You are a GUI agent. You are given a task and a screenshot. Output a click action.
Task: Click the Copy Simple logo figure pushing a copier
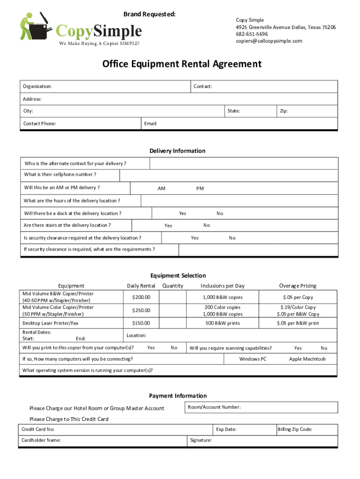35,29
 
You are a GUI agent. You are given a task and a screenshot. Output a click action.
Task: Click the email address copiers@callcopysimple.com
269,41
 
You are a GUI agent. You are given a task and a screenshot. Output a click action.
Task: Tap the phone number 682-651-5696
252,34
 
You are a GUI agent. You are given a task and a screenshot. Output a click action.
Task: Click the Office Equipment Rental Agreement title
182,64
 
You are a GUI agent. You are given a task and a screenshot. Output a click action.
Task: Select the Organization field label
37,87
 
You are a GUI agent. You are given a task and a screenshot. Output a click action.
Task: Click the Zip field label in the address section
283,111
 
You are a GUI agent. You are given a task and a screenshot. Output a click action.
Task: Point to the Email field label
151,123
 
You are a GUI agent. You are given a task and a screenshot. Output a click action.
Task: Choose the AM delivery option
161,189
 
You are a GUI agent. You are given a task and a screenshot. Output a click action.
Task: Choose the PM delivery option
200,189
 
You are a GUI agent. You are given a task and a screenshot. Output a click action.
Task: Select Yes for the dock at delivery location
182,213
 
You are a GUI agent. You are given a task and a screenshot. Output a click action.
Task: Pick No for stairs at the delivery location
207,225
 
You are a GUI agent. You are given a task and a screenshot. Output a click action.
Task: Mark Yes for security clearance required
194,238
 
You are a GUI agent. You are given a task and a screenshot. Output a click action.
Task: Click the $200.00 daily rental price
141,298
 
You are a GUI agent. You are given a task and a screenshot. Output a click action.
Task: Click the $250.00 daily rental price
141,311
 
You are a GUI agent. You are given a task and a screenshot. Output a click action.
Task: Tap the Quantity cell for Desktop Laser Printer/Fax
173,323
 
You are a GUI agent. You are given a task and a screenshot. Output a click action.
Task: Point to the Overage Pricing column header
297,286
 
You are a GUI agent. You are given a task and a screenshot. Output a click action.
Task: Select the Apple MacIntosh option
307,359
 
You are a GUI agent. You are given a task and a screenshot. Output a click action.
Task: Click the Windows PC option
253,359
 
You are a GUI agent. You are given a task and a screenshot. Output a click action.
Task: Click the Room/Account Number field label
214,407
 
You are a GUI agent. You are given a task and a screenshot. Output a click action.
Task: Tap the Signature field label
201,441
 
